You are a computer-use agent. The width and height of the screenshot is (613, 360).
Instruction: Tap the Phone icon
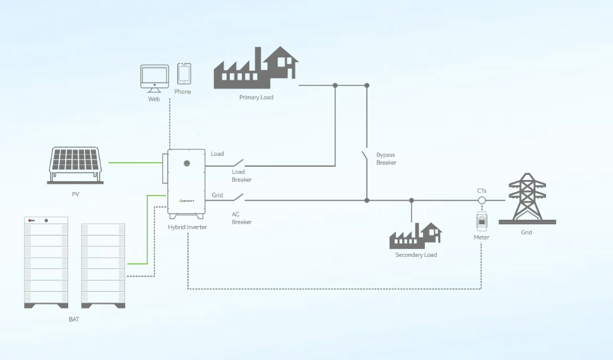[184, 73]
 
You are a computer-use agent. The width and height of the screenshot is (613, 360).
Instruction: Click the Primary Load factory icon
[256, 67]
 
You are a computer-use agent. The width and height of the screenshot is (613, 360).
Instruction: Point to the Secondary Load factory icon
[415, 236]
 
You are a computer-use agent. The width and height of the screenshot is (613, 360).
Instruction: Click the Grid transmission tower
[527, 198]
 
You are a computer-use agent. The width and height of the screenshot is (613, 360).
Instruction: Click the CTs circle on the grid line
[482, 200]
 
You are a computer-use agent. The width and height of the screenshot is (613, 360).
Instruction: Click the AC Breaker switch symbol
[237, 198]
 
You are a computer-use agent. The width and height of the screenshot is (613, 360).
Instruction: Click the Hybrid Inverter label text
[187, 227]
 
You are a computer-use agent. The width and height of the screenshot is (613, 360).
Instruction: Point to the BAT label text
[74, 320]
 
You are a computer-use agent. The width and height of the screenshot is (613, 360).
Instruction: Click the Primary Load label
[256, 98]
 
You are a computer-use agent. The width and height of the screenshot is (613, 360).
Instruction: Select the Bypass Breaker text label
[386, 159]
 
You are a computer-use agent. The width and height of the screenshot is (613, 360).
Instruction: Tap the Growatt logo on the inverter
[187, 200]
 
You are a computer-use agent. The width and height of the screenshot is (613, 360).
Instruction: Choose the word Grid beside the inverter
[217, 196]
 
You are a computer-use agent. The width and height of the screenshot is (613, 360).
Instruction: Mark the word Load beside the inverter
[217, 154]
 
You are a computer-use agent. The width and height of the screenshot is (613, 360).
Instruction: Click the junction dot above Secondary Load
[412, 200]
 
